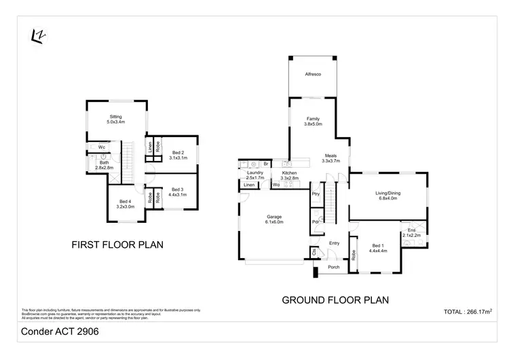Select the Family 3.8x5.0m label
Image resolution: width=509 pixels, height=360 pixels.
click(313, 122)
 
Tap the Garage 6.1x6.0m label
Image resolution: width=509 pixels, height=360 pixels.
click(274, 219)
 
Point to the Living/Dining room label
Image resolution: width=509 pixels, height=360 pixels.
click(388, 196)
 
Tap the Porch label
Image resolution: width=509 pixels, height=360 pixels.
click(333, 267)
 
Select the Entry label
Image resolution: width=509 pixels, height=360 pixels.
click(334, 242)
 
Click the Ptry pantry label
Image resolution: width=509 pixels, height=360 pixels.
click(316, 194)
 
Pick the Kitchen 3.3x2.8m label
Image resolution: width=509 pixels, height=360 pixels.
click(290, 176)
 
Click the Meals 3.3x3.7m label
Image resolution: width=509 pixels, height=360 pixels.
click(331, 158)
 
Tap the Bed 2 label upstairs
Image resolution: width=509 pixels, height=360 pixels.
click(178, 155)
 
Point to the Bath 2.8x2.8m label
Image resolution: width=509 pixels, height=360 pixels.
click(104, 165)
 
